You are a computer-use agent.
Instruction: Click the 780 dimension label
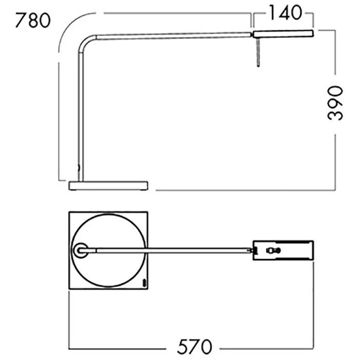click(33, 21)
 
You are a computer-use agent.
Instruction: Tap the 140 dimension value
click(285, 13)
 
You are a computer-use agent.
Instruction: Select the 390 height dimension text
click(335, 103)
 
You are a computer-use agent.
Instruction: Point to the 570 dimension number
click(194, 347)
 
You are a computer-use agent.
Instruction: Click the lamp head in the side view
click(283, 34)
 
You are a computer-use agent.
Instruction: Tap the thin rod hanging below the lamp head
click(259, 52)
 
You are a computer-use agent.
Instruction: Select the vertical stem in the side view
click(81, 117)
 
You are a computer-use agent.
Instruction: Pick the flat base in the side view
click(109, 186)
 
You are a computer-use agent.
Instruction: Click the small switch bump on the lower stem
click(79, 168)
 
